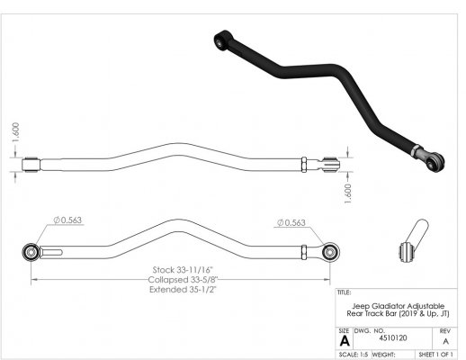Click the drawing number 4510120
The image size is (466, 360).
tap(393, 338)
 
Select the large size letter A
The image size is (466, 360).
tap(345, 341)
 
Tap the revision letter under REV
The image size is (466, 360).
tap(445, 341)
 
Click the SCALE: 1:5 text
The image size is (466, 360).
tap(354, 355)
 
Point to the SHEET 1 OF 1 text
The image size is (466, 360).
tap(435, 355)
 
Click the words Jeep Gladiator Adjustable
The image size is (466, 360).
tap(399, 306)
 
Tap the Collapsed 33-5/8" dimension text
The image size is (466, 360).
tap(183, 280)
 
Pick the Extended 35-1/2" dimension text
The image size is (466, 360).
tap(183, 290)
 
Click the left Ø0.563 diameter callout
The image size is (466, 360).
tap(67, 220)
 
